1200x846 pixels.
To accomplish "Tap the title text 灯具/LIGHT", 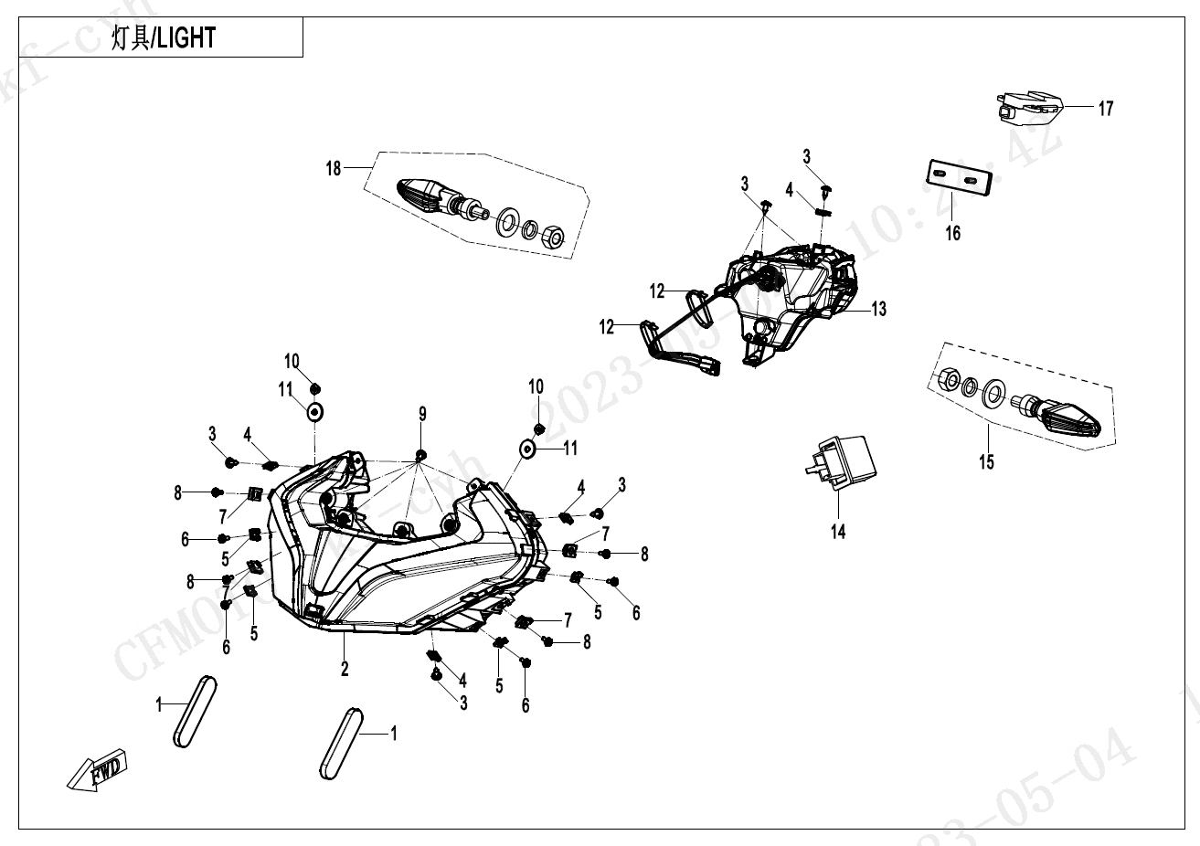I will click(164, 38).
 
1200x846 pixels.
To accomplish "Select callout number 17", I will click(1106, 109).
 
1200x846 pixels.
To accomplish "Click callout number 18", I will click(334, 168).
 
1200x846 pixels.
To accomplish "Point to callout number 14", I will click(838, 531).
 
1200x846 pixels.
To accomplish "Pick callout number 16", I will click(952, 233).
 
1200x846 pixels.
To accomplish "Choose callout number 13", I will click(878, 309).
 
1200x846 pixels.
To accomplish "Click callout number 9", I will click(422, 414).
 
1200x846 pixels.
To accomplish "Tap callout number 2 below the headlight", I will click(345, 669).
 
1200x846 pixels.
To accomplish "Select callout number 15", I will click(986, 461).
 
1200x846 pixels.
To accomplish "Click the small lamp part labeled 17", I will click(1029, 107).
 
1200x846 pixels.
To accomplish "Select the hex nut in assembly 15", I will click(949, 379).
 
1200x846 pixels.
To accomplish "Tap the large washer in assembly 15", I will click(993, 396).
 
